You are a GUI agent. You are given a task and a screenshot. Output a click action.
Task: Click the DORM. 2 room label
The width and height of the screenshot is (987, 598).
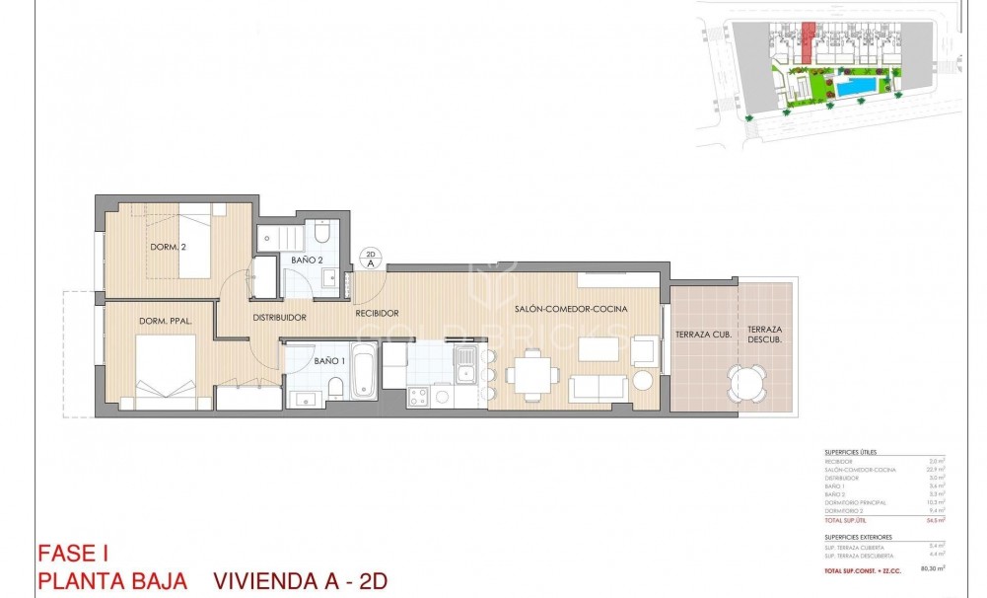pyautogui.click(x=168, y=247)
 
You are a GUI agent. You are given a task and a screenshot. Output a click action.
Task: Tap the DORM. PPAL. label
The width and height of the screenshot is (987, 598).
pyautogui.click(x=165, y=321)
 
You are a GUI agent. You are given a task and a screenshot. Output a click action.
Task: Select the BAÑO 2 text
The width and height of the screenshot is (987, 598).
pyautogui.click(x=307, y=261)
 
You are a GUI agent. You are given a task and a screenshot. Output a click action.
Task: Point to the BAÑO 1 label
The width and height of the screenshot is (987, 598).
pyautogui.click(x=329, y=360)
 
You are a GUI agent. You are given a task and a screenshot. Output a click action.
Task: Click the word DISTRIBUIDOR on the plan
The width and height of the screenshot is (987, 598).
pyautogui.click(x=279, y=318)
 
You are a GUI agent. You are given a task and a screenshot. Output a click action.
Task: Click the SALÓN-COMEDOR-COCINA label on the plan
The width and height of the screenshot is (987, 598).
pyautogui.click(x=571, y=310)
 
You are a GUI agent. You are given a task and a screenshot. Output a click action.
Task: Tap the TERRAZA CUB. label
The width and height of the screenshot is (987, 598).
pyautogui.click(x=702, y=336)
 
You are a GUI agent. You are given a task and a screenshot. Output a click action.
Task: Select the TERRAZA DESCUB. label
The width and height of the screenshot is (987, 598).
pyautogui.click(x=764, y=335)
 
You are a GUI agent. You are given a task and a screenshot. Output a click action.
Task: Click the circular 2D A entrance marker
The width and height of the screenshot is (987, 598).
pyautogui.click(x=371, y=259)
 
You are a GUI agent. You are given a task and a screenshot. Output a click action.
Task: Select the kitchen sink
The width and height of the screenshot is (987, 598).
pyautogui.click(x=462, y=370)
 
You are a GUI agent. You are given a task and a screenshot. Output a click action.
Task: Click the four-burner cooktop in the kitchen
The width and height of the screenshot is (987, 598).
pyautogui.click(x=417, y=397)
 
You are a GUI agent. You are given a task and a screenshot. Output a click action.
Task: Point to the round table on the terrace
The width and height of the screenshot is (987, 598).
pyautogui.click(x=745, y=381)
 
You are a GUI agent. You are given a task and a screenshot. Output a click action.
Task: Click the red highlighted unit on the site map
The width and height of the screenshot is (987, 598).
pyautogui.click(x=808, y=38)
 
